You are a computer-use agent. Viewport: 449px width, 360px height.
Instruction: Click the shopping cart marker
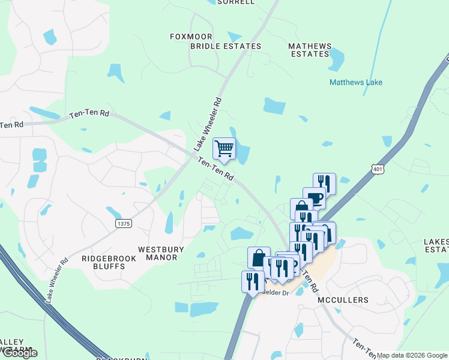pos(224,149)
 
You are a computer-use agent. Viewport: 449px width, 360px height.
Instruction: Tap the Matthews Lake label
pos(355,82)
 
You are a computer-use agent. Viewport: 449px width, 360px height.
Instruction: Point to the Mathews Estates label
pos(310,50)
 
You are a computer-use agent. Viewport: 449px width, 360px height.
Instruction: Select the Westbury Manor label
pos(158,253)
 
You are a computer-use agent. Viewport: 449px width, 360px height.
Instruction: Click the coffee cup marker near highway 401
pos(314,197)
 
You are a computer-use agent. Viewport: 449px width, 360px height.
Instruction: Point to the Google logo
pos(20,352)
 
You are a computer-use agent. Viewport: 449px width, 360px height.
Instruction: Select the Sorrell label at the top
pos(236,2)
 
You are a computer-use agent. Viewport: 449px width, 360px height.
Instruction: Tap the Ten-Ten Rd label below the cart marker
pos(215,170)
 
